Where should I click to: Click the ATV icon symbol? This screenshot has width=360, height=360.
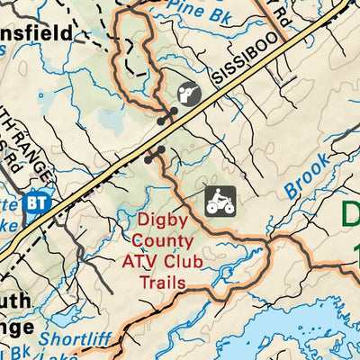point(220,201)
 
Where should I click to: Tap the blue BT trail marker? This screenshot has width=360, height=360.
point(38,202)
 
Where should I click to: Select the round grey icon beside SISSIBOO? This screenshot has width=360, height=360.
point(188,94)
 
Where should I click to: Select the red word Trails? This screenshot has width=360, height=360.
point(163,283)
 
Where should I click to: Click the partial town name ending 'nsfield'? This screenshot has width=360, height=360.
point(40,31)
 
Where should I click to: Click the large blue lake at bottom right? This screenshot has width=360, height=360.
point(297,328)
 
